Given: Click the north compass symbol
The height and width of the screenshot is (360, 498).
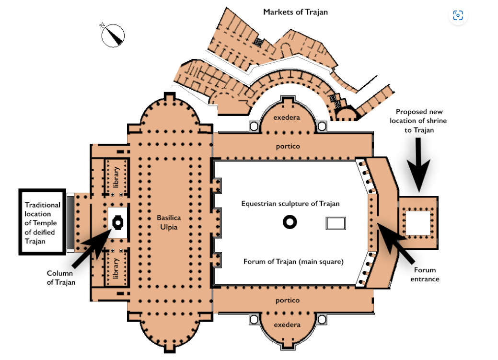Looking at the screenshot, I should (x=113, y=35).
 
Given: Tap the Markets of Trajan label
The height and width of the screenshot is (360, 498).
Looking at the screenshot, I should (x=295, y=12).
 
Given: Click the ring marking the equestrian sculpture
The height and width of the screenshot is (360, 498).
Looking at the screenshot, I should (x=290, y=222).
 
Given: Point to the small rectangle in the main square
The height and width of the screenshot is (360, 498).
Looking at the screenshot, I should (x=336, y=223).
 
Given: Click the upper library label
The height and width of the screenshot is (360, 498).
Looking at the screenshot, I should (x=116, y=176).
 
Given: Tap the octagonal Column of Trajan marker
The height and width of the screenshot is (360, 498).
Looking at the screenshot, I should (x=116, y=221).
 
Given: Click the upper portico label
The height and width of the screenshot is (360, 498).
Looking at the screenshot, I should (x=287, y=146).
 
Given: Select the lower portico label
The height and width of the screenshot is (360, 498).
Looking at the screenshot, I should (x=287, y=300).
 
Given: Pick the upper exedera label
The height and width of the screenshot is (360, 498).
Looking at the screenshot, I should (x=287, y=117).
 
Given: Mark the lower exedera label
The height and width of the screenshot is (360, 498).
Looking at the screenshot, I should (x=287, y=325).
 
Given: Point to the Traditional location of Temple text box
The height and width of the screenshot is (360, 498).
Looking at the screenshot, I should (x=43, y=223).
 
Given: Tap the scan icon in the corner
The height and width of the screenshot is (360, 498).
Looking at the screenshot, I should (x=458, y=15).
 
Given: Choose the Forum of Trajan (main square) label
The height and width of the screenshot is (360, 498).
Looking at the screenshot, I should (x=293, y=262).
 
